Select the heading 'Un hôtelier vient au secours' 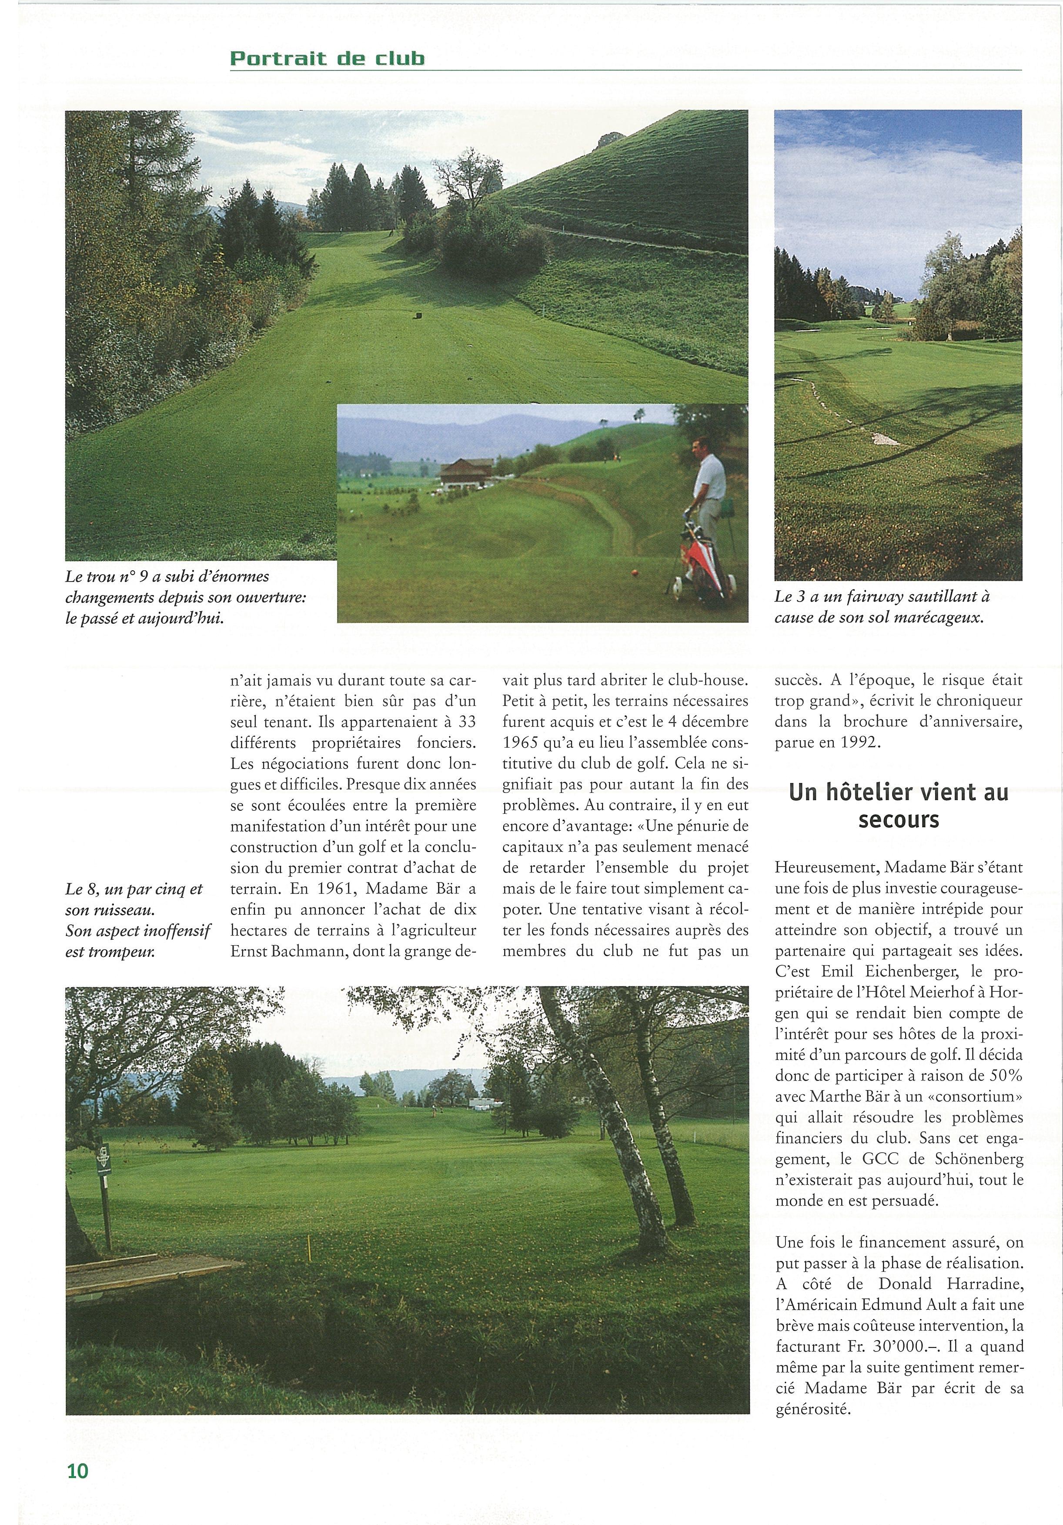point(898,806)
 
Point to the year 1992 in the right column point(862,742)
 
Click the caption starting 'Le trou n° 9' point(186,597)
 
